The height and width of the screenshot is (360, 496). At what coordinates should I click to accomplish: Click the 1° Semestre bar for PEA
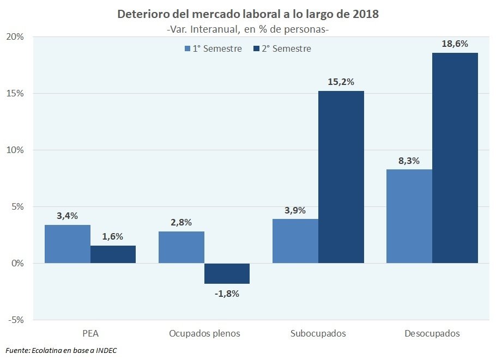pyautogui.click(x=68, y=244)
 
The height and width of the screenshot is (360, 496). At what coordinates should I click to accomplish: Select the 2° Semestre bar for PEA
pyautogui.click(x=113, y=254)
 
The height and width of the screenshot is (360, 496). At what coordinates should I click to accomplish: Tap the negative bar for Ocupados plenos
pyautogui.click(x=227, y=273)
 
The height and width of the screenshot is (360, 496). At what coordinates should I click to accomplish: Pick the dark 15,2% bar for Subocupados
pyautogui.click(x=341, y=177)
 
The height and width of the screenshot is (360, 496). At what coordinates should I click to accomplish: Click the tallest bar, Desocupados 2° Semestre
pyautogui.click(x=455, y=158)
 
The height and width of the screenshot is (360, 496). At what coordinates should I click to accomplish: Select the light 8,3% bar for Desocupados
pyautogui.click(x=409, y=216)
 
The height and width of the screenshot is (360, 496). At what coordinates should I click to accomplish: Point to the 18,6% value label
pyautogui.click(x=455, y=44)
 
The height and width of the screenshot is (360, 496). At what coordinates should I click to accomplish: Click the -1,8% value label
pyautogui.click(x=226, y=294)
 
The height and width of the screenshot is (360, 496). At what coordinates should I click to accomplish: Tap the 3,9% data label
pyautogui.click(x=295, y=210)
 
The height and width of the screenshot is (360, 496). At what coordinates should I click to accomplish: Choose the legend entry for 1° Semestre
pyautogui.click(x=213, y=49)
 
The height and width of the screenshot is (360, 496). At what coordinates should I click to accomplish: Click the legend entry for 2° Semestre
pyautogui.click(x=282, y=49)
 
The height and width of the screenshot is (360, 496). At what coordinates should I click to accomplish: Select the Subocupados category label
pyautogui.click(x=318, y=333)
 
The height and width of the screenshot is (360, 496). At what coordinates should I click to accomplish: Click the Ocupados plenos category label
pyautogui.click(x=204, y=333)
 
